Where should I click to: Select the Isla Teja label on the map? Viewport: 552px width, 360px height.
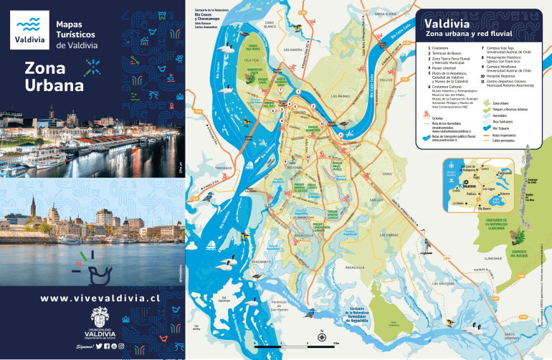point(252,61)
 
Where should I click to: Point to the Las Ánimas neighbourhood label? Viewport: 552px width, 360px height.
point(341,95)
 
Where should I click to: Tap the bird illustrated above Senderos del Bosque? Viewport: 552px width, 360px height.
point(513,235)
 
